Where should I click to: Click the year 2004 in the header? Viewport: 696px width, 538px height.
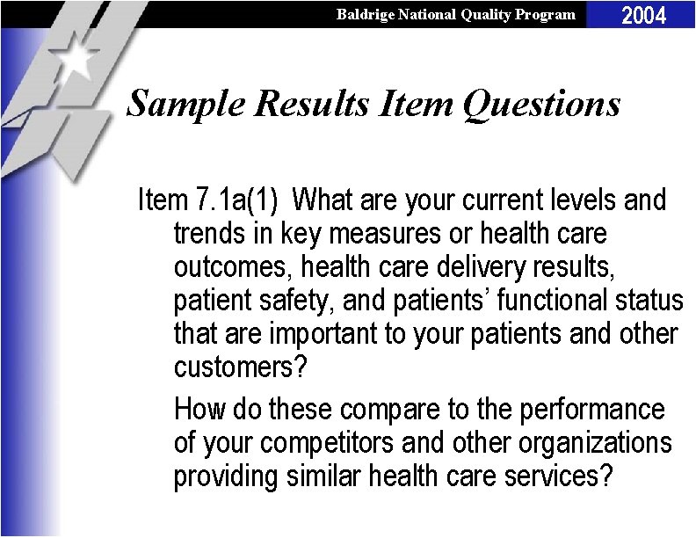pyautogui.click(x=644, y=15)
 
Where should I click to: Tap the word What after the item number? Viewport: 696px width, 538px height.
pyautogui.click(x=326, y=200)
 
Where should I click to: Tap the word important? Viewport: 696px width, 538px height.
pyautogui.click(x=320, y=334)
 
